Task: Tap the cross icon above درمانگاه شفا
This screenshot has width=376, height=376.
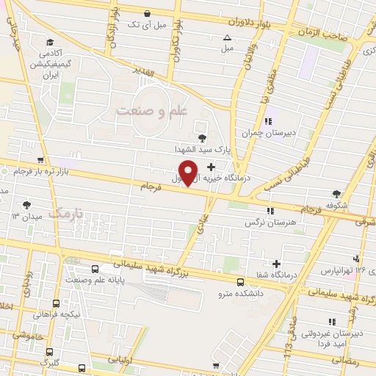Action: (276, 264)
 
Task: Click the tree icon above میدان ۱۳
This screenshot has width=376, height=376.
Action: (27, 205)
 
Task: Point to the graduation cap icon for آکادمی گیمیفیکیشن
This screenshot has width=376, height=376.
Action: (49, 42)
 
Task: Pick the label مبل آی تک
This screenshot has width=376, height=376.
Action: (148, 24)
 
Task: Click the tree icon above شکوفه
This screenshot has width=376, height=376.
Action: (337, 194)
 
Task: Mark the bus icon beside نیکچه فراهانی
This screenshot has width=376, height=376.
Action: (57, 304)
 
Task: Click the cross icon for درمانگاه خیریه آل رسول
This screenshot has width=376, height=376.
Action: (211, 167)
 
